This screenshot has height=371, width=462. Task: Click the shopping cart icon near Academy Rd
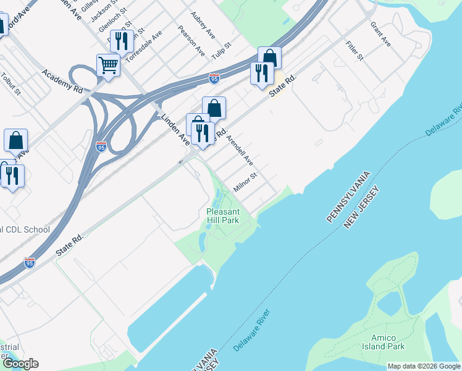[108, 64]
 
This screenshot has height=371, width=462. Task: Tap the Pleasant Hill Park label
[222, 216]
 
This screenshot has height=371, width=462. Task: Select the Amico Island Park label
[387, 342]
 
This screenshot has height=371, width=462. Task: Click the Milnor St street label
[245, 182]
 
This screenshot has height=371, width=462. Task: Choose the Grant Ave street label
[380, 35]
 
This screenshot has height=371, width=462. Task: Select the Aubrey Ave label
[202, 23]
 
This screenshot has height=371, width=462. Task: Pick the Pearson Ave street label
[191, 41]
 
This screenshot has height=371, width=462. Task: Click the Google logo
[20, 364]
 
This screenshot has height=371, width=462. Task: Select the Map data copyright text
[424, 366]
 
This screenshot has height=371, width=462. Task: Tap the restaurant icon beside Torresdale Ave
[122, 41]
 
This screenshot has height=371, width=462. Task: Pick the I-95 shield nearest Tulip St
[214, 79]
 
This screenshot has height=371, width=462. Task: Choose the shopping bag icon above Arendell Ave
[214, 108]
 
